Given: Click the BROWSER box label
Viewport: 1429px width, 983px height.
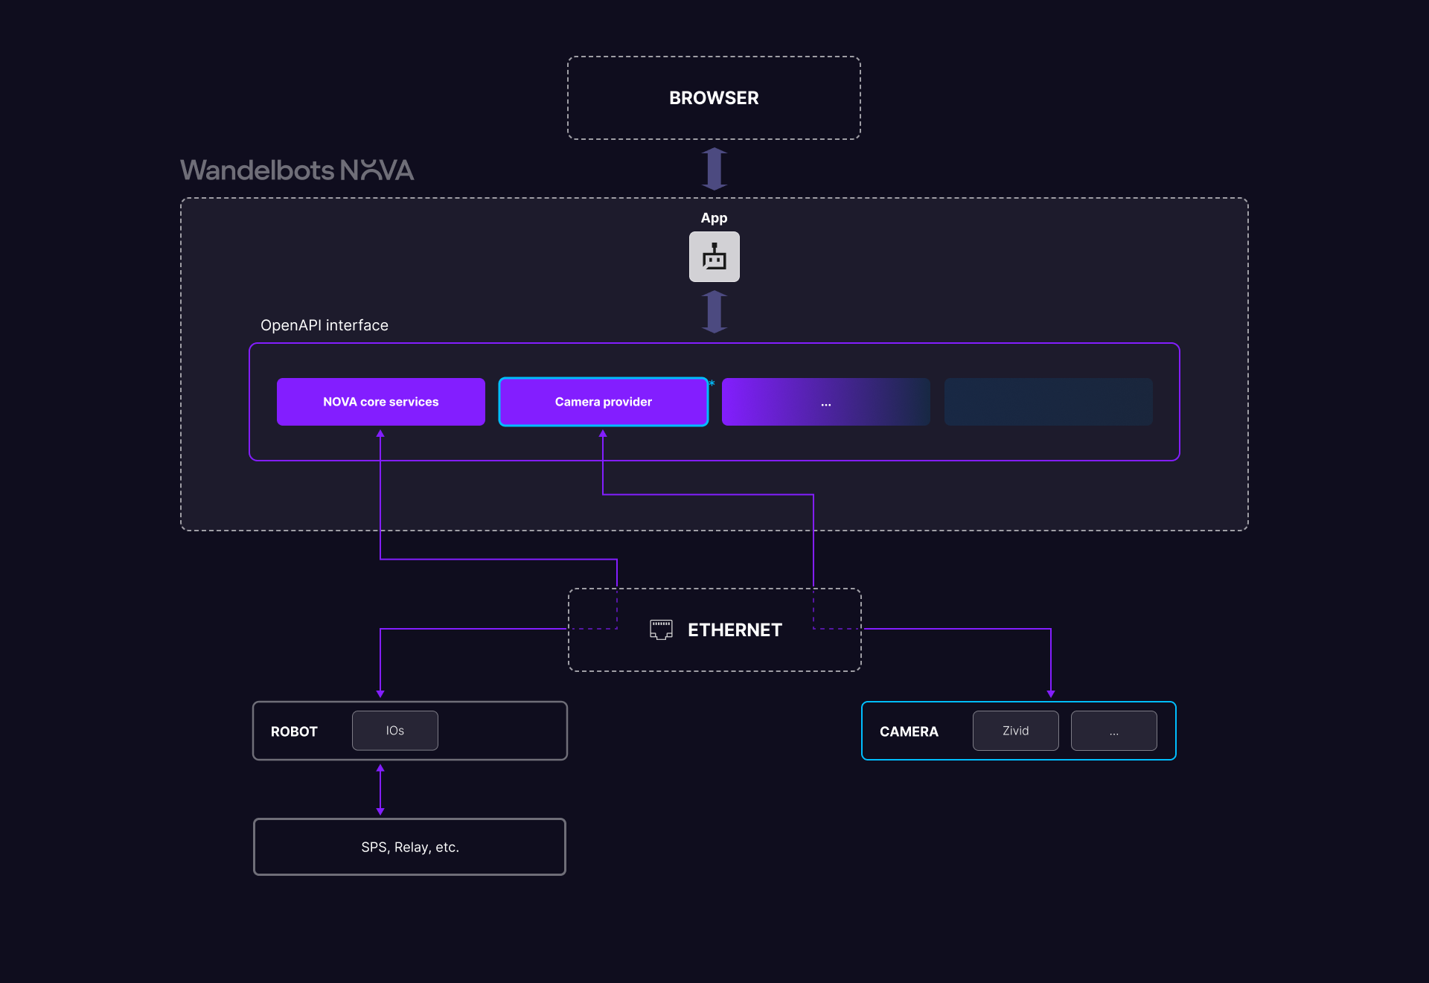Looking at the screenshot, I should (714, 98).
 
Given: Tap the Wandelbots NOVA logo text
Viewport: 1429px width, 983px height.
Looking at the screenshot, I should (297, 170).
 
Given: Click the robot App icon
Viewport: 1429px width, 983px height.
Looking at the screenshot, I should (714, 257).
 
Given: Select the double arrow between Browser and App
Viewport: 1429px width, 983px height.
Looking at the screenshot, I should (714, 169).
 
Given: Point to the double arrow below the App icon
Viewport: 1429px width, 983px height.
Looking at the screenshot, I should (714, 312).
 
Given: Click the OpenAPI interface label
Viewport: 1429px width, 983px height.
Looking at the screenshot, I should (325, 325).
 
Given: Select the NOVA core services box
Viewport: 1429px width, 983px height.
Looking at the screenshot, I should (380, 402).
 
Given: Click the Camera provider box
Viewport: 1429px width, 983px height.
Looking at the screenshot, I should (603, 402).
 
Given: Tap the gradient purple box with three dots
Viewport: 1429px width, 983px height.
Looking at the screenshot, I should (825, 402).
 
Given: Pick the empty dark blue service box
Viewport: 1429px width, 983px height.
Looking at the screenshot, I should (1048, 402).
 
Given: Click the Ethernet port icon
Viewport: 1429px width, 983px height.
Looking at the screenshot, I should (661, 630).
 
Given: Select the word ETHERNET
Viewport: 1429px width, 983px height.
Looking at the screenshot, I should (735, 630).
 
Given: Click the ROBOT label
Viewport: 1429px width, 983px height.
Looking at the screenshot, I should (294, 731).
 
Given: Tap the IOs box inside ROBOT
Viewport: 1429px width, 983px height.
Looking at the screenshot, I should (394, 731).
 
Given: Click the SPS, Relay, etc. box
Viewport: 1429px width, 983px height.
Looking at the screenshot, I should (409, 847).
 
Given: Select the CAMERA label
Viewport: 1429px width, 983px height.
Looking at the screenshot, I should (909, 731).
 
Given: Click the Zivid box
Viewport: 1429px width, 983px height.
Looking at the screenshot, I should (1015, 731).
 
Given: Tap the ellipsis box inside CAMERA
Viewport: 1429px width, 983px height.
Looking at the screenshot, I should (1113, 731).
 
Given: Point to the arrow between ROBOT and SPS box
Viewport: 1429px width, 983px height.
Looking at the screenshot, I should (380, 790).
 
